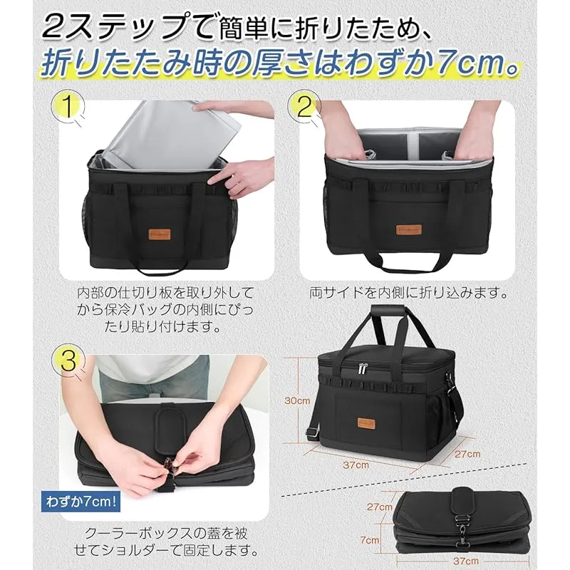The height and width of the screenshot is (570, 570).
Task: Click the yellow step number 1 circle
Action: click(68, 105)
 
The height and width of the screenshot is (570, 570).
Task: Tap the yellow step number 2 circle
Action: click(304, 105)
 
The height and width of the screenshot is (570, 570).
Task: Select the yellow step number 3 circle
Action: click(68, 361)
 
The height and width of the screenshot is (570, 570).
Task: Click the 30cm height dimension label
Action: click(297, 400)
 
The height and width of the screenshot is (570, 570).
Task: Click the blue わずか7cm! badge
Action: click(81, 502)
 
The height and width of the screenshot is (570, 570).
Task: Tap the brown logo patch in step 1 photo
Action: click(159, 234)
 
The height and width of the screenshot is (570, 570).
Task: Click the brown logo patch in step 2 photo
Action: click(409, 229)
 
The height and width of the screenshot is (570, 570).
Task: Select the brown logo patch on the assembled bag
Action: click(366, 423)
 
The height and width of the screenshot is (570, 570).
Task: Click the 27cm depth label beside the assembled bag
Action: click(467, 454)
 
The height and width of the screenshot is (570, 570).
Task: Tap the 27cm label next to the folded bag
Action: click(380, 507)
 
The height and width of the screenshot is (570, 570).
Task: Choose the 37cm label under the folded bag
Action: click(466, 561)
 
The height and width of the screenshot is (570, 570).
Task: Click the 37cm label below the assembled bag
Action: click(356, 465)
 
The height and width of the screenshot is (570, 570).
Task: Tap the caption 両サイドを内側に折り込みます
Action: click(408, 293)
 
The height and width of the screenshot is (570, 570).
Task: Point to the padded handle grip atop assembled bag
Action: click(388, 310)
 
